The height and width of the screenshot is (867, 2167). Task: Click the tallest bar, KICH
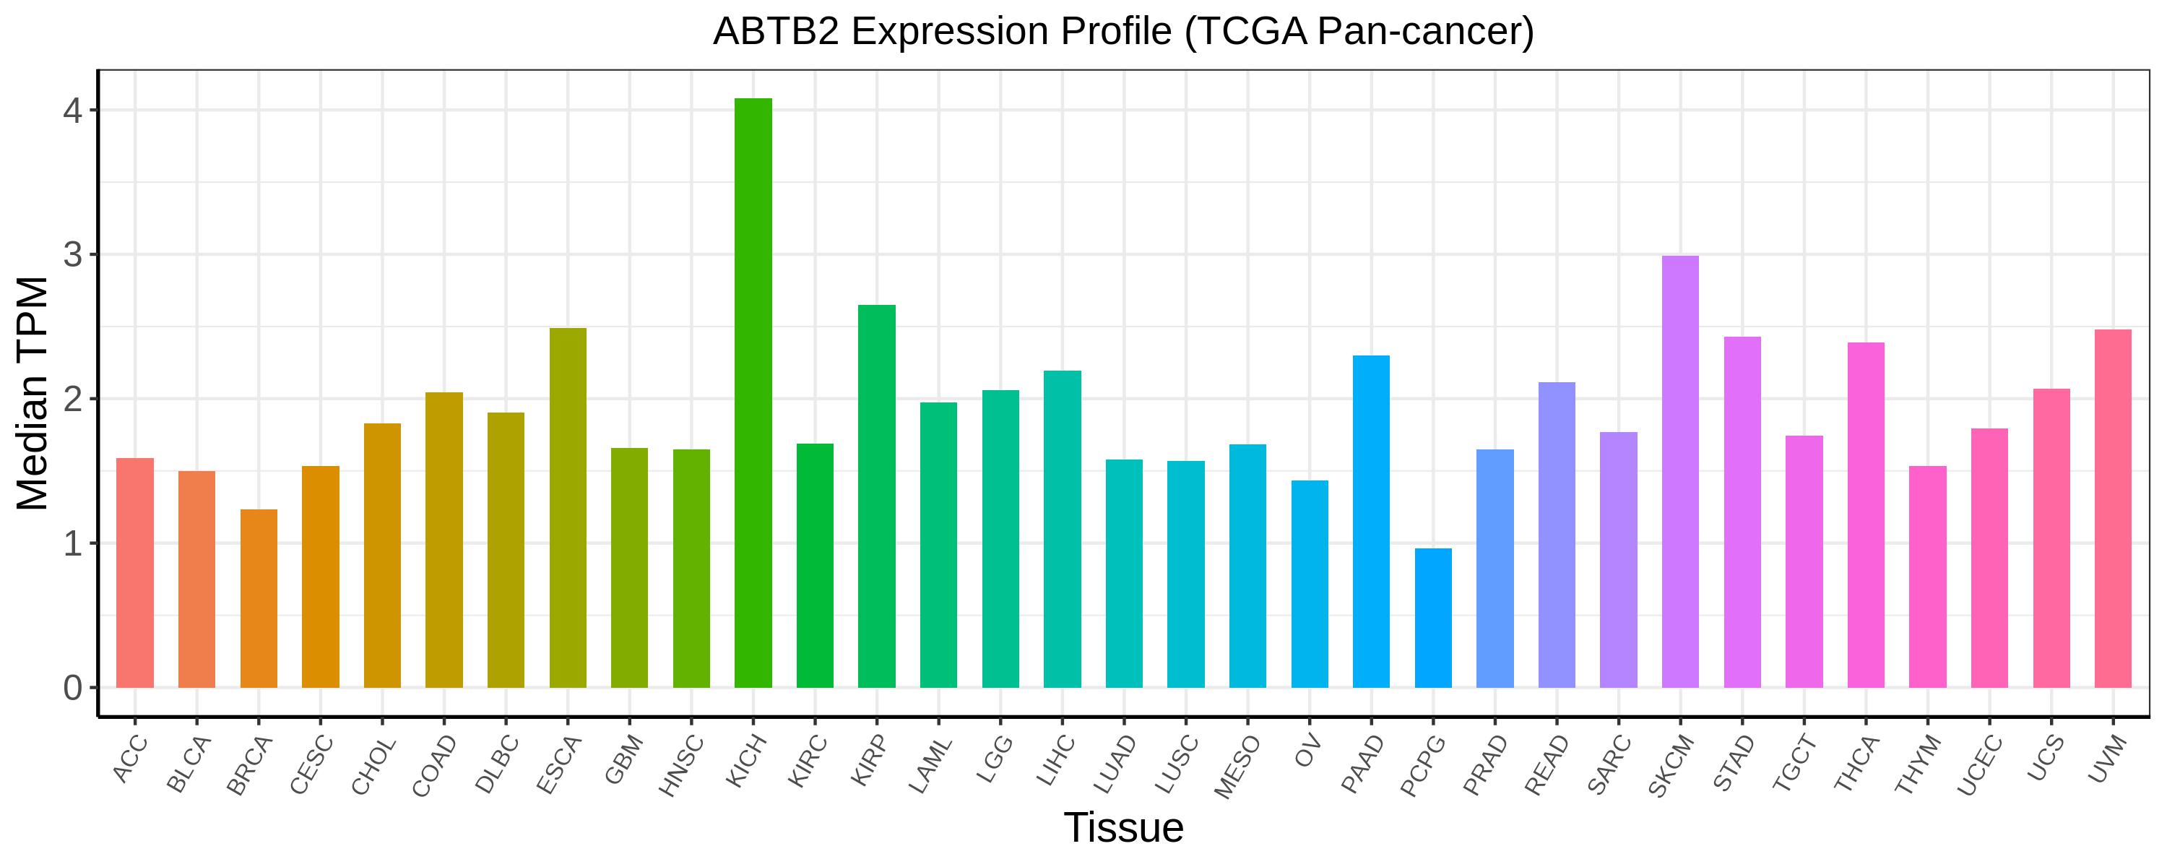click(x=753, y=393)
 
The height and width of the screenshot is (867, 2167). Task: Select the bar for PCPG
click(x=1433, y=618)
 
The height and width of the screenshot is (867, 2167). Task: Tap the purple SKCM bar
click(x=1681, y=471)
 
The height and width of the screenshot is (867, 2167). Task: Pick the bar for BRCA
click(x=259, y=598)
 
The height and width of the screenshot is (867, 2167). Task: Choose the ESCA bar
click(x=568, y=508)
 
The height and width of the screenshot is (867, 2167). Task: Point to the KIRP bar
click(x=877, y=496)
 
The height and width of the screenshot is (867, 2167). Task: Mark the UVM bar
click(x=2113, y=509)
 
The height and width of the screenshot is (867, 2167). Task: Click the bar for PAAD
click(x=1371, y=522)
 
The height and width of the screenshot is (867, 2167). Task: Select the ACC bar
click(x=134, y=573)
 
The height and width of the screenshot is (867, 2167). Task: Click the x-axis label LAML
click(x=930, y=764)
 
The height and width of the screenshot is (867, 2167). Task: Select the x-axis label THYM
click(x=1919, y=764)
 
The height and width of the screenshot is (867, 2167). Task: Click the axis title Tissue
click(x=1124, y=828)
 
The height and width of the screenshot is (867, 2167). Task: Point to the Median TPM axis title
click(x=34, y=393)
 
